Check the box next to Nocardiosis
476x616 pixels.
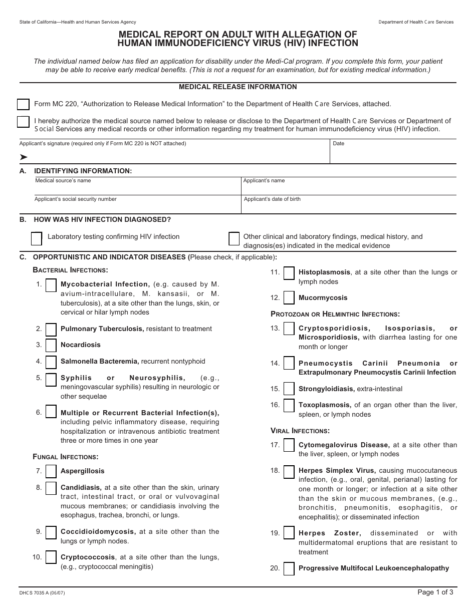click(51, 346)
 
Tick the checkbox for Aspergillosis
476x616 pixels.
click(51, 472)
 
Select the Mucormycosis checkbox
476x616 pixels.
click(289, 298)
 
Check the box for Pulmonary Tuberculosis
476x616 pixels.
click(51, 330)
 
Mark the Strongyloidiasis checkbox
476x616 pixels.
click(289, 389)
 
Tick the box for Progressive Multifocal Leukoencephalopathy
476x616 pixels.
click(289, 569)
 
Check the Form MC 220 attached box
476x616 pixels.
click(23, 104)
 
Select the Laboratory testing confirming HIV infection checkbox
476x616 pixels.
click(37, 239)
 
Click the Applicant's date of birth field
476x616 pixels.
click(348, 206)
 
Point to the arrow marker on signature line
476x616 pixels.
click(24, 157)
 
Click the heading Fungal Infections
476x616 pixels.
click(66, 457)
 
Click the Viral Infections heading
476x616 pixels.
click(300, 431)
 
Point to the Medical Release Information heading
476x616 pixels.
click(238, 87)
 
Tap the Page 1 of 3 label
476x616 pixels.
click(435, 592)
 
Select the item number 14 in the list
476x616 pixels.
click(275, 364)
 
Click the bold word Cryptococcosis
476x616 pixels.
click(88, 557)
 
